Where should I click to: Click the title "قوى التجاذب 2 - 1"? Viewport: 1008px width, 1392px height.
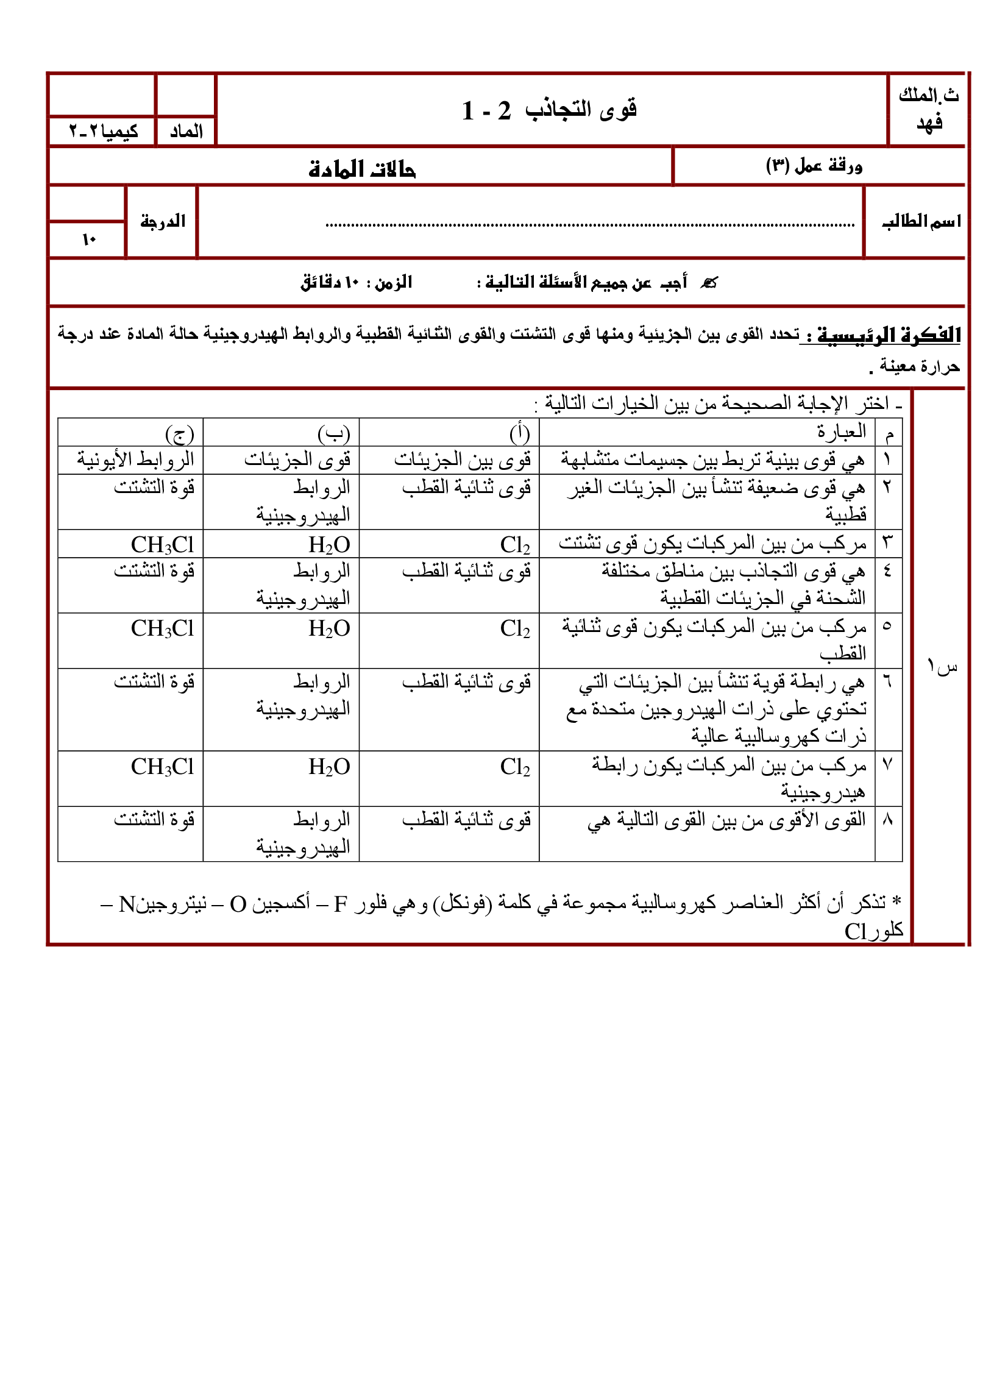click(549, 110)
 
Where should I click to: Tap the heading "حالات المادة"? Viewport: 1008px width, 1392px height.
click(361, 168)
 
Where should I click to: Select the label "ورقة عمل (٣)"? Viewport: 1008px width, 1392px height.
click(814, 166)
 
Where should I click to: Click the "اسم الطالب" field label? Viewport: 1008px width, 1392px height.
click(921, 222)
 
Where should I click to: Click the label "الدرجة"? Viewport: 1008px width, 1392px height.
click(163, 221)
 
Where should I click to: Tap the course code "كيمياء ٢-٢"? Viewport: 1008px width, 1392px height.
click(103, 132)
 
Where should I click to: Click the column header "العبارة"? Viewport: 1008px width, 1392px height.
click(841, 431)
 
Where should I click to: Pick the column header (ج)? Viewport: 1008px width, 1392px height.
click(179, 433)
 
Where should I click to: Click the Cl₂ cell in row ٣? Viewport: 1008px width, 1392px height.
click(514, 544)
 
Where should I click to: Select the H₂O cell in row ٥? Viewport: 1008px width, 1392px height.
click(329, 628)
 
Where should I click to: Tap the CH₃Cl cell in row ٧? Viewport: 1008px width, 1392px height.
click(162, 767)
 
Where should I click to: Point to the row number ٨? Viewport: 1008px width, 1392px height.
click(887, 819)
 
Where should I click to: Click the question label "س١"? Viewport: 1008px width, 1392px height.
click(942, 666)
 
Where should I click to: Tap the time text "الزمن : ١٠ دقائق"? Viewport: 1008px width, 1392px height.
click(356, 283)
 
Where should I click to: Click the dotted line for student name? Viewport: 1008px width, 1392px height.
click(589, 225)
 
